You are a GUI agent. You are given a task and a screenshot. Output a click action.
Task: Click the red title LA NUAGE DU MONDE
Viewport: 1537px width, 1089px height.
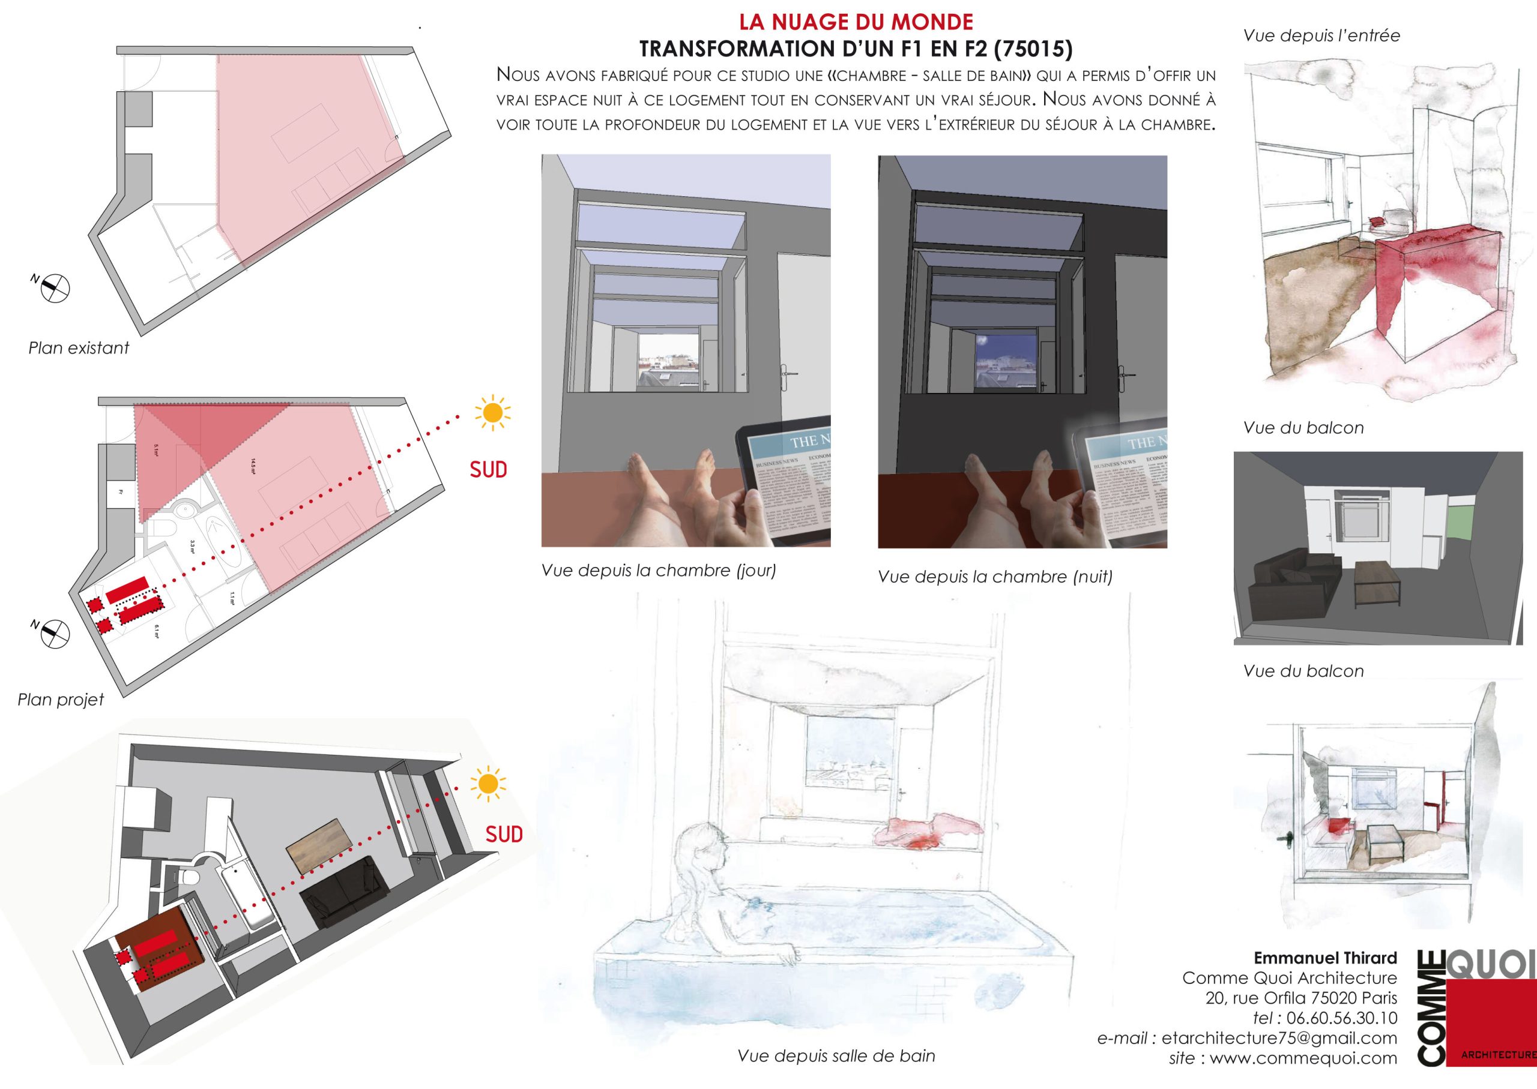[x=856, y=22]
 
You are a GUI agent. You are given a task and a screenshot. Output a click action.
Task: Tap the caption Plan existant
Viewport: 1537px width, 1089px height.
[x=79, y=348]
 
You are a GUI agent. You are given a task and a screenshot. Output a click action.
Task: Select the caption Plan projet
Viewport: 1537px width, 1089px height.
[x=61, y=700]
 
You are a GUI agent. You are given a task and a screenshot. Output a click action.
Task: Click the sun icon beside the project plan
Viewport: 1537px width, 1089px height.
[x=492, y=413]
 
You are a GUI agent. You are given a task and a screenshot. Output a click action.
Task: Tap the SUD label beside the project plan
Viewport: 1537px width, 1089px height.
[x=488, y=469]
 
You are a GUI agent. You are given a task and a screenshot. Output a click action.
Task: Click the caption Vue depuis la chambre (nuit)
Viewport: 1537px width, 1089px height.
[x=995, y=577]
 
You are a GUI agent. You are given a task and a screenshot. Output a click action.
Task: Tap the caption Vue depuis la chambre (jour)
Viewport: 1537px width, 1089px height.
[x=658, y=571]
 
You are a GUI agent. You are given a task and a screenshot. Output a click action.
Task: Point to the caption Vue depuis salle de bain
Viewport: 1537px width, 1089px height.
[x=836, y=1056]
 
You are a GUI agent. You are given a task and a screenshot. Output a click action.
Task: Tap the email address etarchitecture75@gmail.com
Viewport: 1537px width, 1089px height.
[x=1279, y=1038]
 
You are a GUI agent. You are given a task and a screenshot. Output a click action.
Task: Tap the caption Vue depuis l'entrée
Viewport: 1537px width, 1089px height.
[x=1321, y=35]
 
